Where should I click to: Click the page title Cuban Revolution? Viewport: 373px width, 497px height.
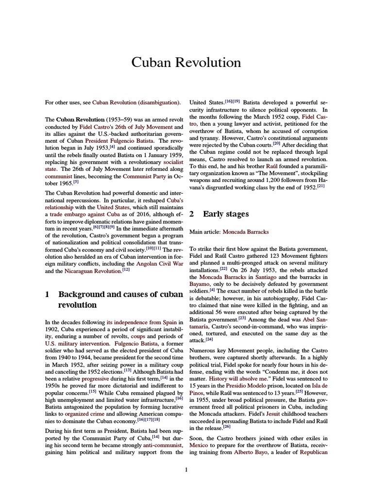(186, 63)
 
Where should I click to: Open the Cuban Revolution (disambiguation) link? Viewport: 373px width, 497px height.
(136, 102)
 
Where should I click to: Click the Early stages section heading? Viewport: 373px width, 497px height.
(225, 214)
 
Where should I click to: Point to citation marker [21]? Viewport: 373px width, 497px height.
(321, 186)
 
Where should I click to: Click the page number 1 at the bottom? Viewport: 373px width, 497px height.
(186, 469)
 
